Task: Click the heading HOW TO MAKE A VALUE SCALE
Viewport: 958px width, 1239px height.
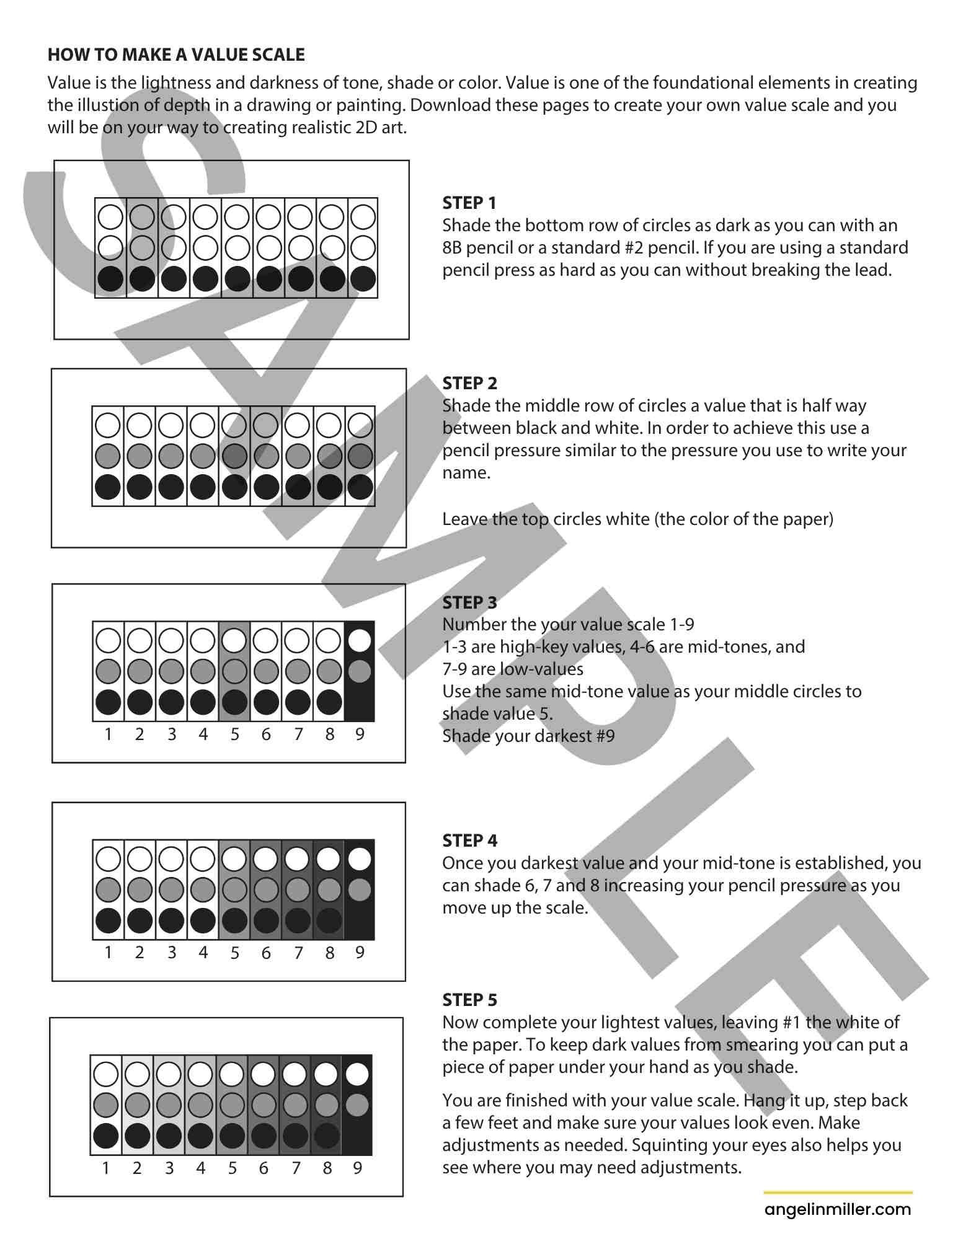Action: [176, 55]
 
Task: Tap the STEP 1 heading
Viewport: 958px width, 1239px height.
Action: [469, 203]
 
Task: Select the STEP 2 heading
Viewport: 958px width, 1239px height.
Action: [469, 383]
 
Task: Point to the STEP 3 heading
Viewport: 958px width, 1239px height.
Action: [469, 602]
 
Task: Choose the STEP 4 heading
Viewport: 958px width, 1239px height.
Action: [469, 840]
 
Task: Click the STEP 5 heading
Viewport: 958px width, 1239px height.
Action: [469, 1000]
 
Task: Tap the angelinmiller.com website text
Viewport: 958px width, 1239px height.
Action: [838, 1209]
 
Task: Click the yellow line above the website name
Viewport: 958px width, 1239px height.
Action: [838, 1192]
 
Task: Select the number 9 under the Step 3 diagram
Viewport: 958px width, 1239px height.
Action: [360, 734]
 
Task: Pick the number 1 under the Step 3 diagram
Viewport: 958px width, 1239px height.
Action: [109, 734]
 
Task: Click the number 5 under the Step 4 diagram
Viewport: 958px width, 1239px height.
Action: [234, 953]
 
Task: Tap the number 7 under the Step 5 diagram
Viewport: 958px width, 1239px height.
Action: [296, 1168]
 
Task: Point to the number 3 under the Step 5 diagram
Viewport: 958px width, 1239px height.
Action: [169, 1168]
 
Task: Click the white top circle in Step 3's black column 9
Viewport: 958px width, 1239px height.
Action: [360, 640]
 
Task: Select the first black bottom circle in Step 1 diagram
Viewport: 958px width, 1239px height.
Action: [111, 279]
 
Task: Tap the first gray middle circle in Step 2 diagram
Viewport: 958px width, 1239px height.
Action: [108, 456]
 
